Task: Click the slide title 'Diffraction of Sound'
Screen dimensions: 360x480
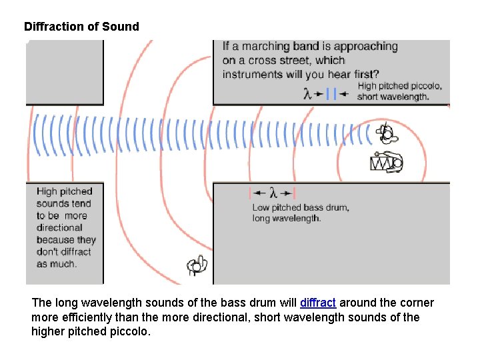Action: (x=81, y=27)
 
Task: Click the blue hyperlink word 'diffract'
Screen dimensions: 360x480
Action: (x=318, y=303)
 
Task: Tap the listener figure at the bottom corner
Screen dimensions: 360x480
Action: (x=198, y=265)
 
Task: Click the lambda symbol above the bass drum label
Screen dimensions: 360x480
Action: (x=273, y=193)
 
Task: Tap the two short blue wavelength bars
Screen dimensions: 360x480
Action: (x=331, y=94)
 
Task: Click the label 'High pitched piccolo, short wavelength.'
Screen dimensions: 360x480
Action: (x=399, y=91)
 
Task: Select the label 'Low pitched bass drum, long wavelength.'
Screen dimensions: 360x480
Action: (x=300, y=213)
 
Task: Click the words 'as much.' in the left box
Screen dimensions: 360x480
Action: (x=57, y=263)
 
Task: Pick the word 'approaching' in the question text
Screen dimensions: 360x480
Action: (x=365, y=47)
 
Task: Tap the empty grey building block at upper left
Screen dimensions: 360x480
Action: (x=65, y=71)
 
